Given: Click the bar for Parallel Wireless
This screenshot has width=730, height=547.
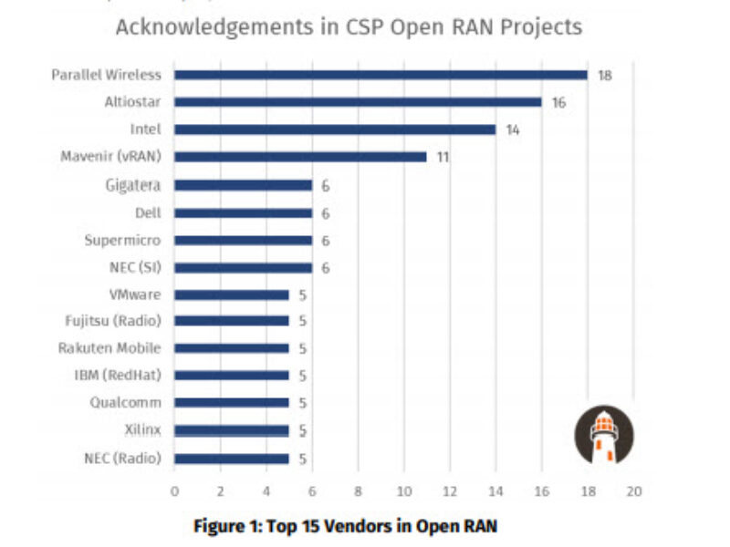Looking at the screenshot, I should [x=381, y=75].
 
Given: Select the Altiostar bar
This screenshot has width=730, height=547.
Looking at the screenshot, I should [x=358, y=102].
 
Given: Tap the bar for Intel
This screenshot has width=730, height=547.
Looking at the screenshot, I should [x=335, y=129].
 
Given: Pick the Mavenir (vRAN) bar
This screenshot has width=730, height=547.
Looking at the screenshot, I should [x=300, y=157].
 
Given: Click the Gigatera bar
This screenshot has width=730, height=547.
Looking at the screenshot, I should [x=243, y=185].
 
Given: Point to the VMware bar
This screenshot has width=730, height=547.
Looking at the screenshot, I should [x=232, y=294].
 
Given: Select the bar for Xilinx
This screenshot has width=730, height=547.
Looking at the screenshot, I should [x=232, y=430].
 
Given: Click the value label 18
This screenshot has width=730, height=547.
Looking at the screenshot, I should [x=604, y=75].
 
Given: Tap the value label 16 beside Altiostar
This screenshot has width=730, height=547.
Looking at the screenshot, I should [x=558, y=102].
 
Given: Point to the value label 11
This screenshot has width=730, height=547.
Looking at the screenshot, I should [x=443, y=157].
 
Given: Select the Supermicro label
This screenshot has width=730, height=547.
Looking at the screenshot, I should [x=122, y=240].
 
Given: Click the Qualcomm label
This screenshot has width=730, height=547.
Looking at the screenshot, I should [x=126, y=402].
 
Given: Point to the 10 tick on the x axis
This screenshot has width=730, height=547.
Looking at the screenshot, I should [x=403, y=491].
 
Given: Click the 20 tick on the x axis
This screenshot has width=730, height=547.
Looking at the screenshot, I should [x=633, y=491].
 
